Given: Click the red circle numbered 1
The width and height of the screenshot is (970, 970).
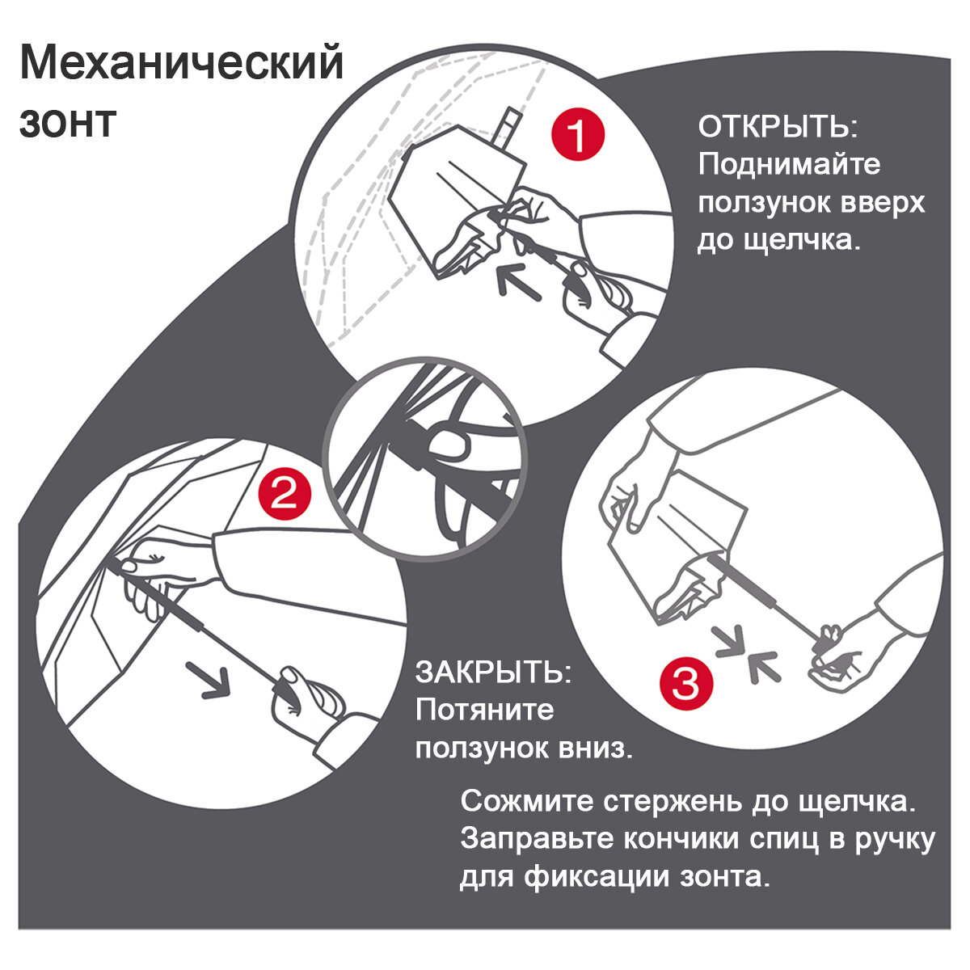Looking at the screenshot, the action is (x=577, y=136).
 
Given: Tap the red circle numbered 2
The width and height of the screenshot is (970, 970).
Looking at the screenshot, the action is (x=284, y=492).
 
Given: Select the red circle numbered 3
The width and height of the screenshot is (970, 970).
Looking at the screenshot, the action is (x=686, y=683).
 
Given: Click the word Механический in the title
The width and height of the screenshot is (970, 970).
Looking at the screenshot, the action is (x=182, y=64).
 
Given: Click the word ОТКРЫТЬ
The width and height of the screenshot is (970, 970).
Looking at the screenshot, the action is (x=778, y=128).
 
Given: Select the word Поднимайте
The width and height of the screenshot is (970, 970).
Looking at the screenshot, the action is (x=789, y=165).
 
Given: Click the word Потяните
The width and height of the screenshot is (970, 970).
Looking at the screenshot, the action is (x=485, y=710).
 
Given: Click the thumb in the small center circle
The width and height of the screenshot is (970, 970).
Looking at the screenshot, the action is (x=449, y=444).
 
